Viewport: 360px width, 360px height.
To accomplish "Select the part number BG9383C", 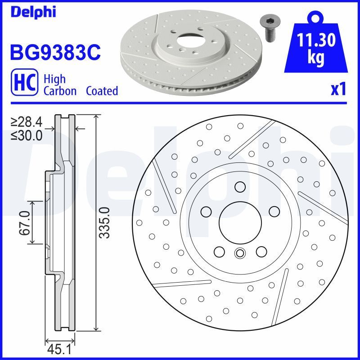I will point(54,53).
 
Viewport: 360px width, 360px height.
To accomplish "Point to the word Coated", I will point(102,91).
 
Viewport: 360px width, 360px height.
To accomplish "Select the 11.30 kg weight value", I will point(317,49).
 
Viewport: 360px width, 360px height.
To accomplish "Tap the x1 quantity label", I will point(338,90).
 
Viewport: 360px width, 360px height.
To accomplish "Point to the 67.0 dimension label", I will point(24,223).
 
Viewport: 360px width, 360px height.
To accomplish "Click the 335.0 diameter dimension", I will point(104,223).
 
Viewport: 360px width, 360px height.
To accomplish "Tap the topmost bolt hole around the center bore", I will point(239,187).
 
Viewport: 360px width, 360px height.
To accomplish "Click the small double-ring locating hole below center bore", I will point(239,253).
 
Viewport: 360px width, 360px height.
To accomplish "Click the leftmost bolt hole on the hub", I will point(206,211).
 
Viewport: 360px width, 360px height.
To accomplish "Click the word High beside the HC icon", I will point(54,79).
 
